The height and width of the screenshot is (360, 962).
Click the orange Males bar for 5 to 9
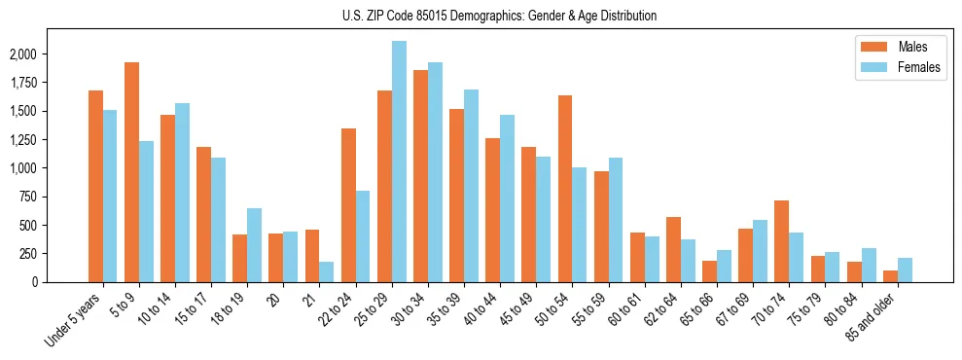click(x=131, y=172)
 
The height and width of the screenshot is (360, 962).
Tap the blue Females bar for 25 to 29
click(x=399, y=162)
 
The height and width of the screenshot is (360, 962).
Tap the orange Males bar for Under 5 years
click(x=95, y=186)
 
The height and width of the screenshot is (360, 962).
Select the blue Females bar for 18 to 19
click(x=254, y=245)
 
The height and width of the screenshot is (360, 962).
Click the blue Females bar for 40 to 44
click(x=507, y=198)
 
